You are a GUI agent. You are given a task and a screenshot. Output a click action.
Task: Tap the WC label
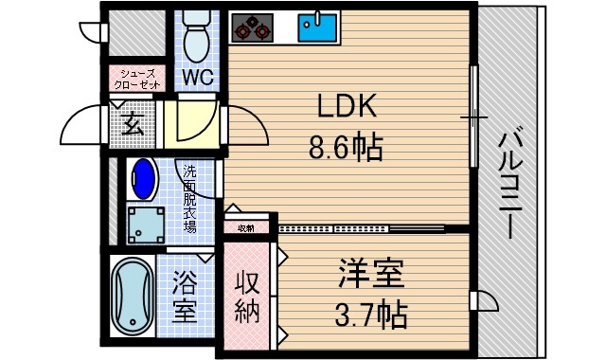(197, 75)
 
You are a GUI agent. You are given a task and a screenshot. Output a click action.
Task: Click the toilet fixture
(196, 36)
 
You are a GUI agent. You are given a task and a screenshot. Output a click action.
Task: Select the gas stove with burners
(253, 27)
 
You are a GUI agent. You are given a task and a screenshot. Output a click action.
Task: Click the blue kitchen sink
(317, 27)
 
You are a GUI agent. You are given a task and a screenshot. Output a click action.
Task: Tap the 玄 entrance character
(134, 124)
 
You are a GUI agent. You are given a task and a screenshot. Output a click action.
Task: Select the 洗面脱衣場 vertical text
(188, 200)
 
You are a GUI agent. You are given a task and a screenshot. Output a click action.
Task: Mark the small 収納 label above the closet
(246, 227)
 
